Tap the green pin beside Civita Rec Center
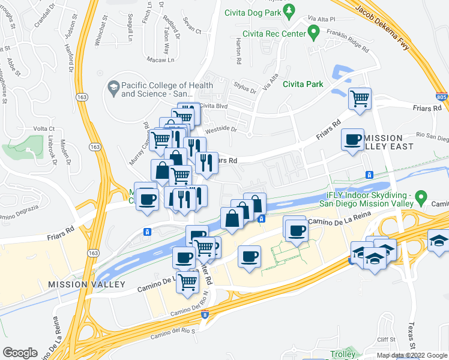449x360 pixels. pos(312,31)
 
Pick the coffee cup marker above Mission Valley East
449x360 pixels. pos(352,140)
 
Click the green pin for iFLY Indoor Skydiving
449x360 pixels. pos(421,196)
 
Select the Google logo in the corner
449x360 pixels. pos(20,353)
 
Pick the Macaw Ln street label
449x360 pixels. pos(162,59)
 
